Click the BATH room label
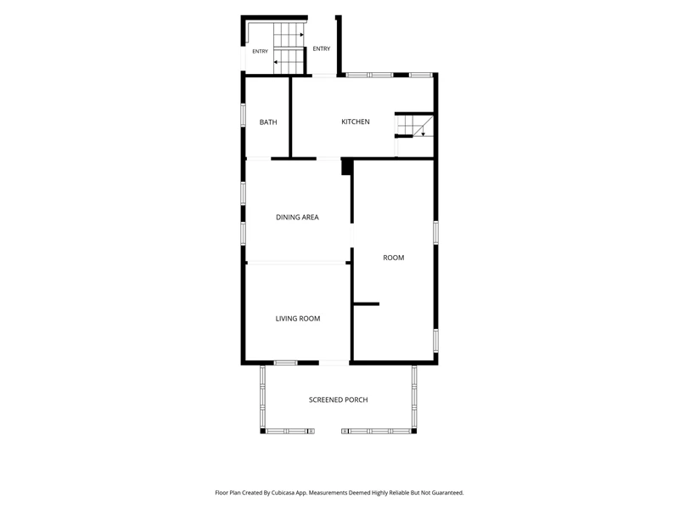click(x=268, y=122)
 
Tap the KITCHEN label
click(x=356, y=122)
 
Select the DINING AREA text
click(x=297, y=218)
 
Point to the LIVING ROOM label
click(x=298, y=319)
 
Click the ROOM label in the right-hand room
click(x=394, y=258)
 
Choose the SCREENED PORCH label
click(x=338, y=399)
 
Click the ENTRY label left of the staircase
click(x=261, y=51)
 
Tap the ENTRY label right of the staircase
click(x=322, y=48)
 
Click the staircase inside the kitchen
click(x=415, y=126)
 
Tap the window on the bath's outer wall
click(x=244, y=116)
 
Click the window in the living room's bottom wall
click(x=286, y=363)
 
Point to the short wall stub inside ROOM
click(x=367, y=304)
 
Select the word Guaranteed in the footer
click(x=449, y=493)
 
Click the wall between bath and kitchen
click(x=290, y=117)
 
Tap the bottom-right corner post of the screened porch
click(x=414, y=431)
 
